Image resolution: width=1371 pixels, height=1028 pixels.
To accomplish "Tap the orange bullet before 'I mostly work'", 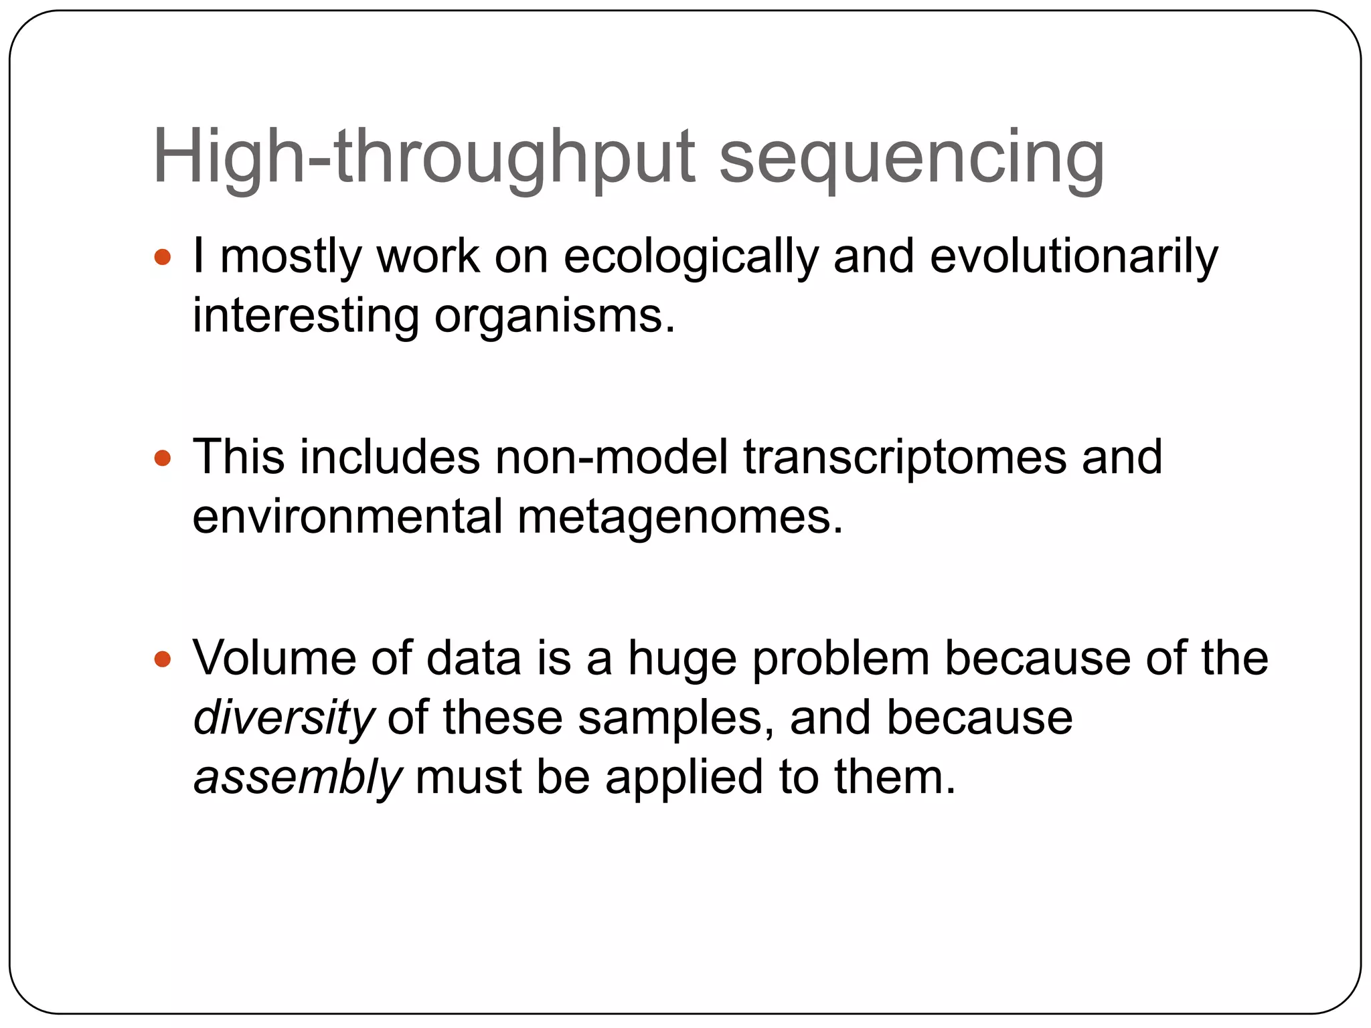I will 163,258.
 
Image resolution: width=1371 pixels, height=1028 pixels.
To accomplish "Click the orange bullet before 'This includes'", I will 163,458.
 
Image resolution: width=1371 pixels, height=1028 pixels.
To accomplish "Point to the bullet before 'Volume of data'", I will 163,659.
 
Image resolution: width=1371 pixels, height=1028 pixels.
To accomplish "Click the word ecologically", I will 691,258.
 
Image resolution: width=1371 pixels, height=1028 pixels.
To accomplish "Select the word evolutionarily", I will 1074,258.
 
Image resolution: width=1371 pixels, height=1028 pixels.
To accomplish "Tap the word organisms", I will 554,316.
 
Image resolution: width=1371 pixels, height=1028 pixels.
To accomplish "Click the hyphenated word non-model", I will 611,458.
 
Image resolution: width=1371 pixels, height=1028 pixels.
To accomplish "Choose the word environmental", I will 347,517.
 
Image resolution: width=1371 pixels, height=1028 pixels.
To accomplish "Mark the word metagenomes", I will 680,517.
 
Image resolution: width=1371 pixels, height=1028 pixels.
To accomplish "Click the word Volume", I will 274,659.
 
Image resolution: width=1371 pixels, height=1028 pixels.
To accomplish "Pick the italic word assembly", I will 297,778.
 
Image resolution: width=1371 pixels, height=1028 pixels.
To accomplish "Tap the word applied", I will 684,778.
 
